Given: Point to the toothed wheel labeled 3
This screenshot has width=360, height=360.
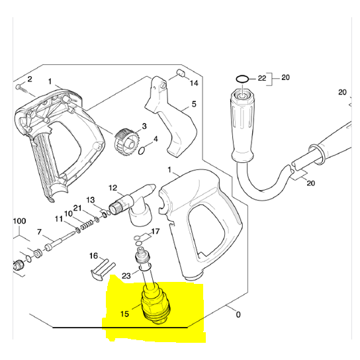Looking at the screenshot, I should click(124, 141).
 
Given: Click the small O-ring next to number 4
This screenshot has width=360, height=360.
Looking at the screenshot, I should click(142, 152).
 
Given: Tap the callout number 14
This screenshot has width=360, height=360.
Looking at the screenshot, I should click(194, 83).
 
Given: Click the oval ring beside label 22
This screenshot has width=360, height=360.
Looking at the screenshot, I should click(242, 79).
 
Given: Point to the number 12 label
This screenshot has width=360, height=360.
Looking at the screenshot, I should click(112, 189).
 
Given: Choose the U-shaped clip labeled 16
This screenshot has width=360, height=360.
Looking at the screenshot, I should click(99, 267).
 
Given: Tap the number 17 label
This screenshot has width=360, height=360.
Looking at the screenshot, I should click(156, 232).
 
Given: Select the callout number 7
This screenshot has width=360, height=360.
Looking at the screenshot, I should click(40, 232).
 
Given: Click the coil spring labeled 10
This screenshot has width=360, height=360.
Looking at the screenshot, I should click(85, 228).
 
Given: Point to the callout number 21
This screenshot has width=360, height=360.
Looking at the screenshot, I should click(77, 208).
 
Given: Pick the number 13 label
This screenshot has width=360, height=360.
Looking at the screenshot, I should click(91, 200).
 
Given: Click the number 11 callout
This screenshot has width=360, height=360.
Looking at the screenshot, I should click(59, 219).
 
